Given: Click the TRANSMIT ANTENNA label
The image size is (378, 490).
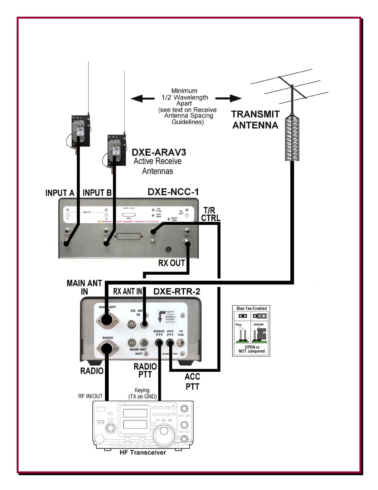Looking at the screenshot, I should pyautogui.click(x=255, y=120).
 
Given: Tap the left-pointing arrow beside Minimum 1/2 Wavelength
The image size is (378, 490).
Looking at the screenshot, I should pyautogui.click(x=142, y=99).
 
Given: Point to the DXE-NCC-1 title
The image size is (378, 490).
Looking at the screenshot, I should pyautogui.click(x=173, y=192).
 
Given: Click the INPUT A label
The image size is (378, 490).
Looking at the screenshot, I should pyautogui.click(x=60, y=193).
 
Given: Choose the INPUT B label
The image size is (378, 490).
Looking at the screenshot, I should pyautogui.click(x=97, y=193).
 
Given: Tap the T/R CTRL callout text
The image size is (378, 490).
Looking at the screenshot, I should pyautogui.click(x=211, y=214).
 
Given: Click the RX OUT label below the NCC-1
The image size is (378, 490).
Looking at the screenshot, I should pyautogui.click(x=171, y=263).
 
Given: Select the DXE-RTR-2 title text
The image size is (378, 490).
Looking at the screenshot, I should pyautogui.click(x=177, y=291).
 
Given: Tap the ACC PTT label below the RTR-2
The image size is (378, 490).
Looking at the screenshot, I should pyautogui.click(x=192, y=381).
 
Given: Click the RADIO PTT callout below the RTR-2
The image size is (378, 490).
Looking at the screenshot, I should pyautogui.click(x=145, y=370).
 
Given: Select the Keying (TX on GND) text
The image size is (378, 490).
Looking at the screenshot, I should pyautogui.click(x=142, y=393).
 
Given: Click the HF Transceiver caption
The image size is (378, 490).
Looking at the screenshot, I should pyautogui.click(x=143, y=453).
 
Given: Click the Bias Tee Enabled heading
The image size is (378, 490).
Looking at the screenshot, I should pyautogui.click(x=251, y=308).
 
